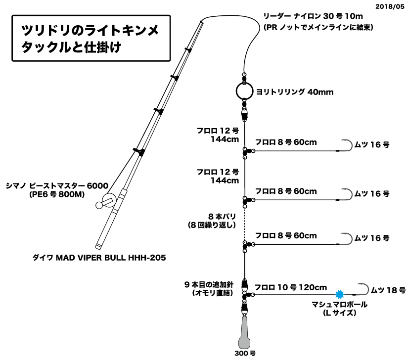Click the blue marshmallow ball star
(339, 295)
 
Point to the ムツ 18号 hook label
(388, 290)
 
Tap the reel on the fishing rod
(108, 201)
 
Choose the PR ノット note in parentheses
(319, 27)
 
